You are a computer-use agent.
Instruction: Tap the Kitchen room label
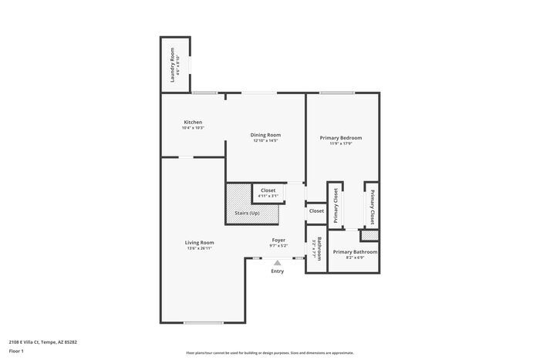click(193, 123)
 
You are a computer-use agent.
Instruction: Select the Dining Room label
click(265, 135)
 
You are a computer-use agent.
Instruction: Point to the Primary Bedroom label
click(341, 138)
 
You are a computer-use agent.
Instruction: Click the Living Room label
click(199, 243)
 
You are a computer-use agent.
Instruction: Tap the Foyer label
click(278, 240)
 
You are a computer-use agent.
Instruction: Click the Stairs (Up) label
click(248, 213)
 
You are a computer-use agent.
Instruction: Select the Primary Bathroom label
click(355, 252)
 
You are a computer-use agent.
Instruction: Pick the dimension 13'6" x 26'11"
click(199, 248)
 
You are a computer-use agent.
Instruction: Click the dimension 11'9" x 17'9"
click(341, 143)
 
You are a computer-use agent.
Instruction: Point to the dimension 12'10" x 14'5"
click(265, 140)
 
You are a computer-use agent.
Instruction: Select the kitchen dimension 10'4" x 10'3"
click(193, 128)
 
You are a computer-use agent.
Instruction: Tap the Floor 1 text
click(17, 351)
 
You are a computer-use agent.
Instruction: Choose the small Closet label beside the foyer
click(316, 210)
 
